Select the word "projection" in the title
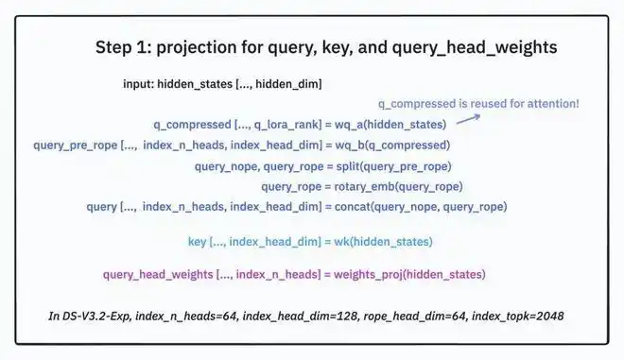pos(197,48)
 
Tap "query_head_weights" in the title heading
pos(475,48)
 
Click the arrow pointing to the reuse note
pos(468,119)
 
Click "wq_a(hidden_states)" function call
pos(390,125)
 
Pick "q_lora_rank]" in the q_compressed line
pos(287,125)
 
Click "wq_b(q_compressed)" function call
pos(392,146)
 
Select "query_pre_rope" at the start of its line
pos(76,146)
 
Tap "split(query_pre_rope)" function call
pos(393,166)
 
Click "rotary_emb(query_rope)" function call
pos(398,186)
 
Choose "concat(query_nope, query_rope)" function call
pos(421,207)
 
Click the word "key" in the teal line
pos(197,242)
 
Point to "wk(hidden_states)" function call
pos(383,242)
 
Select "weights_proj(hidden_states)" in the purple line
pos(409,274)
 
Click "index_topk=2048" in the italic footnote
pos(518,317)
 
